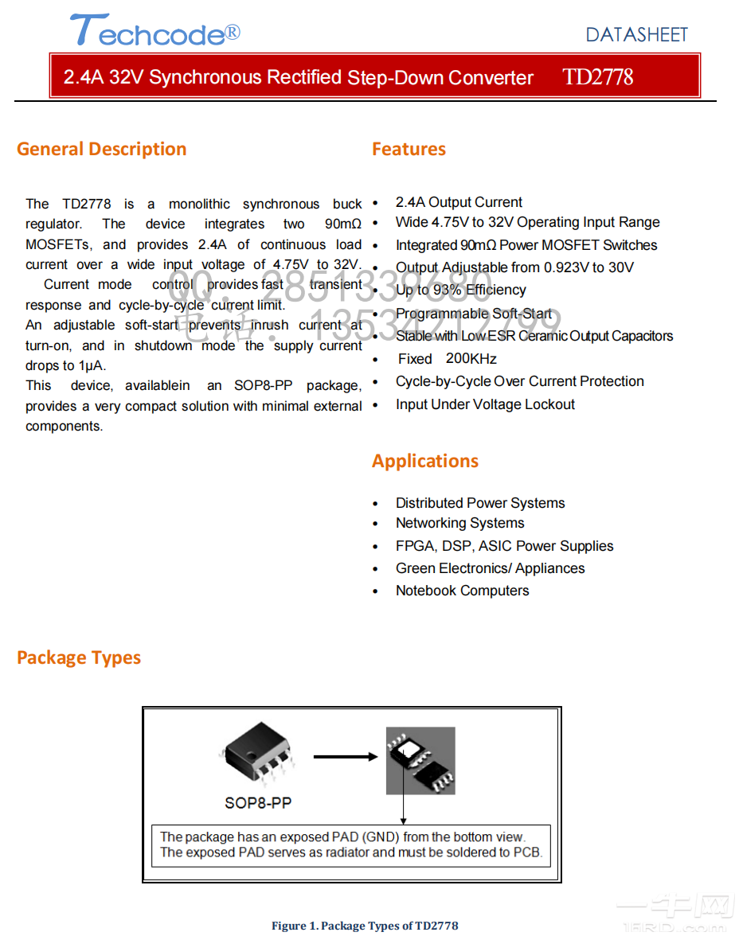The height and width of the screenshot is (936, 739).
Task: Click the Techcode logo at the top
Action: click(x=154, y=32)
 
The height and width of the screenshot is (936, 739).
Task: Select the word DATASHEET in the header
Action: click(x=636, y=34)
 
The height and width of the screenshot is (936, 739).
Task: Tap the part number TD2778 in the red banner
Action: click(x=597, y=77)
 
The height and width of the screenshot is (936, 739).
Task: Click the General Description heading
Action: click(x=101, y=149)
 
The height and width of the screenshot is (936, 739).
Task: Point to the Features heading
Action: click(x=409, y=149)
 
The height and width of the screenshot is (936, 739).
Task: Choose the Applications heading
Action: click(x=425, y=461)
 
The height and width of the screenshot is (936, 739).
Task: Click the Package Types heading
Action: click(x=79, y=657)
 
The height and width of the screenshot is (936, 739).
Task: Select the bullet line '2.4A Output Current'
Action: click(x=459, y=202)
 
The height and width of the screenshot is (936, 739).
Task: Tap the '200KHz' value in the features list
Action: click(x=471, y=359)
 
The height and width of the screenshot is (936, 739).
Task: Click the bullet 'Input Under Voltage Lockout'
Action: click(x=485, y=404)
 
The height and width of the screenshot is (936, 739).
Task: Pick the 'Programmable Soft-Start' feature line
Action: click(x=474, y=314)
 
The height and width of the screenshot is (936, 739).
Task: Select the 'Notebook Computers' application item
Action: click(x=462, y=591)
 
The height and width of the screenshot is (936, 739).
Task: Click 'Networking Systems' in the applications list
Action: click(x=459, y=523)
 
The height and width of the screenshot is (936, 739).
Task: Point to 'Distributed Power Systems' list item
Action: click(x=480, y=503)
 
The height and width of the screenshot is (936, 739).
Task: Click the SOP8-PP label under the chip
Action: click(x=258, y=802)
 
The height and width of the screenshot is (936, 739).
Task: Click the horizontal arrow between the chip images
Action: click(x=345, y=757)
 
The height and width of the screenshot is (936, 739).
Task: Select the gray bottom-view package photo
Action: click(x=420, y=760)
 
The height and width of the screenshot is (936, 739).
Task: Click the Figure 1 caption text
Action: click(x=365, y=925)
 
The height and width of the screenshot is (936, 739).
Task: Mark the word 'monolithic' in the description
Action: click(x=199, y=205)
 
